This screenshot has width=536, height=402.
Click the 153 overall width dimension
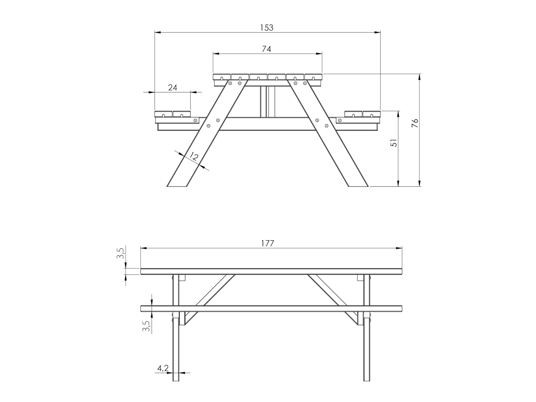[266, 28]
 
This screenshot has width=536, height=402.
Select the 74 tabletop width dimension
[266, 49]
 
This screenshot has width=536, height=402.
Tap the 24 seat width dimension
[173, 88]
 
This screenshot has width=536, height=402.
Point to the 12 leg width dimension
[194, 156]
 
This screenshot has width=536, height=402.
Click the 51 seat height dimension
[394, 143]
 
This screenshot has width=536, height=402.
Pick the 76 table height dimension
[415, 123]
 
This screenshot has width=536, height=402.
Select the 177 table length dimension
[268, 243]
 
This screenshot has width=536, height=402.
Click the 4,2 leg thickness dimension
[163, 368]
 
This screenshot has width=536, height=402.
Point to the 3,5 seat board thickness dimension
[147, 326]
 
